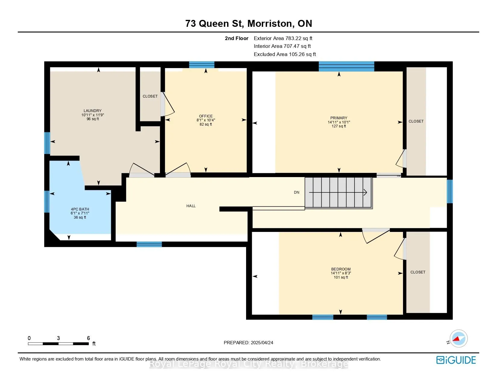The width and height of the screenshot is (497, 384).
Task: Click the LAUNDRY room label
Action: (x=92, y=111)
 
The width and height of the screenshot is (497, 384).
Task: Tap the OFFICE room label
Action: (x=206, y=116)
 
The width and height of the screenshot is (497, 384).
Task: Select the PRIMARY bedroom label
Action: (x=339, y=118)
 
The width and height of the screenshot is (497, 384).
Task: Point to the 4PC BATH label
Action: (x=80, y=209)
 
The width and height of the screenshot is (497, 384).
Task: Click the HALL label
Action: (x=191, y=206)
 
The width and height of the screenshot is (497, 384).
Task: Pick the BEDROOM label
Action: (x=341, y=269)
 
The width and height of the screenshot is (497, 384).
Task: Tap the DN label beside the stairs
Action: (x=296, y=192)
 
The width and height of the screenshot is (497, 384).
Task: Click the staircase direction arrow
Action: (x=338, y=192)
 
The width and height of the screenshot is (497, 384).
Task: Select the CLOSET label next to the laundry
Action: (x=150, y=96)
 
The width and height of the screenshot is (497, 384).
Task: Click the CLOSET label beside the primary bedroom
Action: (x=416, y=121)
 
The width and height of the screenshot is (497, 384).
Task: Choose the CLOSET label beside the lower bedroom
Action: (x=418, y=272)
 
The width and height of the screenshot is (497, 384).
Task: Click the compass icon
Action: (x=458, y=339)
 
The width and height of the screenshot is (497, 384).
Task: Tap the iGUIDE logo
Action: (x=456, y=360)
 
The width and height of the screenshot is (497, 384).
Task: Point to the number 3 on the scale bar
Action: (x=58, y=338)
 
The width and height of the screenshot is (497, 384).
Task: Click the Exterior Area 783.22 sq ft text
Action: (x=283, y=39)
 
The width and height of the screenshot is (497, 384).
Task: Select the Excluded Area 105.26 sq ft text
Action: (x=285, y=54)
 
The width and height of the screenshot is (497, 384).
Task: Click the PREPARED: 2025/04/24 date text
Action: (x=248, y=343)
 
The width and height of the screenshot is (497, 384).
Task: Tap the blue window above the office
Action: (x=202, y=65)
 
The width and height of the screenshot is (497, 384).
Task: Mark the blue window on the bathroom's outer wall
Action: (x=47, y=201)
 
